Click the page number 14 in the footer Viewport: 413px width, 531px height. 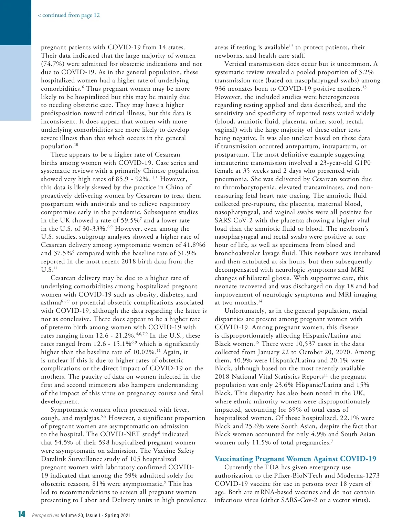click(22, 514)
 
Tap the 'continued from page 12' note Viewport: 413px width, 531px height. click(69, 15)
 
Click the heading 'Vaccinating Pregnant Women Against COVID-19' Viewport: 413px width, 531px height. click(295, 459)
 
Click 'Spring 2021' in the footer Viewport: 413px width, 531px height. click(117, 515)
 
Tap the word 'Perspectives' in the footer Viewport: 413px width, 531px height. click(45, 515)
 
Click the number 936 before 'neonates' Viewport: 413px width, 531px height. click(220, 89)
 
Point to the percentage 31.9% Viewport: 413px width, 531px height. click(187, 253)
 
